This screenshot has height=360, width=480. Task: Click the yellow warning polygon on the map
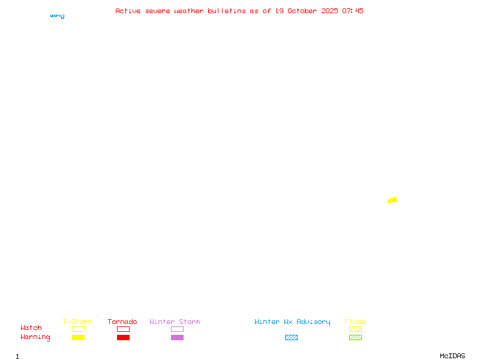click(x=392, y=200)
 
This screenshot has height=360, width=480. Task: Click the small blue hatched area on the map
click(x=58, y=16)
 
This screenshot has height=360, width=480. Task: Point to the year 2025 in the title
click(x=329, y=11)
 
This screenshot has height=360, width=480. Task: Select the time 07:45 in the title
click(x=353, y=11)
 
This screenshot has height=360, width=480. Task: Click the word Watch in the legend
click(x=31, y=328)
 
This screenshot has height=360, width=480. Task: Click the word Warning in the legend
click(x=35, y=337)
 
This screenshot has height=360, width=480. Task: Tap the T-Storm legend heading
click(x=77, y=322)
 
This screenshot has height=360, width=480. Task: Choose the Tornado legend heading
click(x=122, y=322)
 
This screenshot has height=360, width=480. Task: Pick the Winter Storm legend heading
click(x=175, y=322)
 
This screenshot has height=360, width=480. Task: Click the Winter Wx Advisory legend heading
click(x=292, y=322)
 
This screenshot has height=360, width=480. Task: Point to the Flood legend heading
click(x=355, y=322)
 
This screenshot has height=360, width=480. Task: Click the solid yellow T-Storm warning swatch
click(x=78, y=338)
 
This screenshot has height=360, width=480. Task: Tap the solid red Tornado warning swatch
click(x=123, y=338)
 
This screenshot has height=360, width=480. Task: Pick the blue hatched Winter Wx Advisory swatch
click(x=291, y=338)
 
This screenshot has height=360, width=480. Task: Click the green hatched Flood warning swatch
click(x=355, y=338)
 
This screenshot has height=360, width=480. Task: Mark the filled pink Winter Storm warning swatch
click(x=177, y=338)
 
